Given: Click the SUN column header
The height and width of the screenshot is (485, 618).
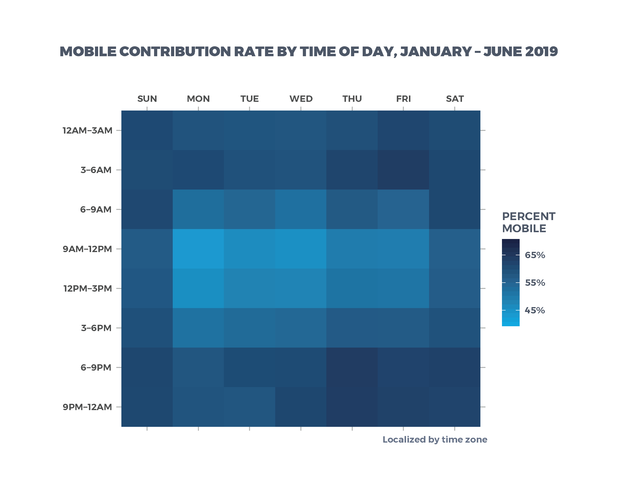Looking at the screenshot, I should coord(147,99).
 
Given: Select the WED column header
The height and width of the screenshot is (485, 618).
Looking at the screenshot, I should coord(301,99).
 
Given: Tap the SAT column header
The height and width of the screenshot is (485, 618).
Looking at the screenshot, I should coord(454,99).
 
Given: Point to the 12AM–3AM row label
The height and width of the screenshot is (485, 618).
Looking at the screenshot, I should coord(87,131).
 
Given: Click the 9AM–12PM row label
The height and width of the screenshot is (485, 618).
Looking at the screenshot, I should coord(87,249).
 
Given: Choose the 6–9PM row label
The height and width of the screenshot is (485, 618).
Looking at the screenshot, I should coord(96,367).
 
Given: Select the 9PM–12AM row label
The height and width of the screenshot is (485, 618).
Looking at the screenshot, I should coord(87,407).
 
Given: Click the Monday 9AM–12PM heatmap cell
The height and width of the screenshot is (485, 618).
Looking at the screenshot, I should coord(198,249).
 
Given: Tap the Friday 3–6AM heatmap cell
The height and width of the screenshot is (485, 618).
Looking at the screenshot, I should coord(403,170).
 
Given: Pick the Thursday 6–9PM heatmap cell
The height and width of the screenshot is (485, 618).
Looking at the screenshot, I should coord(352,367).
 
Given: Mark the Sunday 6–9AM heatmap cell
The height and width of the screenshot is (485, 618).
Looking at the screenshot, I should coord(147,209).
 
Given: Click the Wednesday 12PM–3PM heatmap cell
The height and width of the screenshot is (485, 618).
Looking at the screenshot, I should coord(301,288).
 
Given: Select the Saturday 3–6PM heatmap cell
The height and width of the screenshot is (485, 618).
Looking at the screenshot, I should coord(454,328).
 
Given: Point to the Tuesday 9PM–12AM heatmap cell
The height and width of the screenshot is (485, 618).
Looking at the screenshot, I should coord(250,407).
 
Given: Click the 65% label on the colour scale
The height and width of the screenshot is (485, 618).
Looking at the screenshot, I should coord(535,255).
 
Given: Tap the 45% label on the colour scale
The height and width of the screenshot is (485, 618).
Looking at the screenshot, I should coord(535,310).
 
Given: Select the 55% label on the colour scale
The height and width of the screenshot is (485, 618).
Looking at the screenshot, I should coord(535,283).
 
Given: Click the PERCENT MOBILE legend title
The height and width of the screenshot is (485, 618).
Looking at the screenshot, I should coord(528,222).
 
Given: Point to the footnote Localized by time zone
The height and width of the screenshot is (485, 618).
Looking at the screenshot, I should coord(435,440).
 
